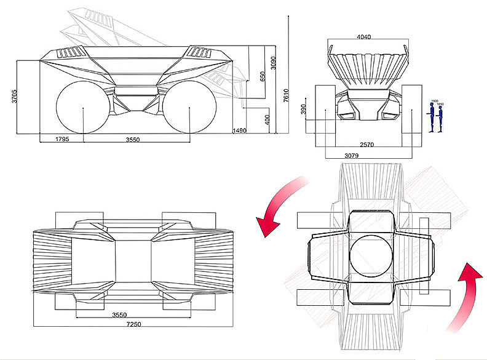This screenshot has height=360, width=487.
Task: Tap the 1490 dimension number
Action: click(x=240, y=130)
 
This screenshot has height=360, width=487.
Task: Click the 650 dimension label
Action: click(x=263, y=76)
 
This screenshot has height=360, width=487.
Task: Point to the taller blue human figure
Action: click(x=432, y=118)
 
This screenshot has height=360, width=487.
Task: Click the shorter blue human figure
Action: click(x=441, y=118)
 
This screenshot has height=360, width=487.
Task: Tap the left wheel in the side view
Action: click(x=82, y=108)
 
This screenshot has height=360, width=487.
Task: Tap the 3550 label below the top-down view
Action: click(x=120, y=314)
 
